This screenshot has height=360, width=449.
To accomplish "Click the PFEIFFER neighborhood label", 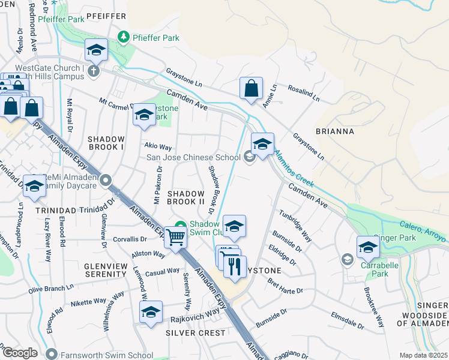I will pyautogui.click(x=106, y=16).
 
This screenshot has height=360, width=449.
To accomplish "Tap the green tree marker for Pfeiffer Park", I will pyautogui.click(x=124, y=38).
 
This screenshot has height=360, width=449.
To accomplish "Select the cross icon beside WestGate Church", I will pyautogui.click(x=92, y=71).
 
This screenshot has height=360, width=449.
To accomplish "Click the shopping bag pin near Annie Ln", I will pyautogui.click(x=251, y=88).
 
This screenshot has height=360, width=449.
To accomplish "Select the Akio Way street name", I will pyautogui.click(x=158, y=146).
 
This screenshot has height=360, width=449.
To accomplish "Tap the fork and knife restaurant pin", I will pyautogui.click(x=235, y=266).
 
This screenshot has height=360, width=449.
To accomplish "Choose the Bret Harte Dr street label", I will pyautogui.click(x=285, y=286).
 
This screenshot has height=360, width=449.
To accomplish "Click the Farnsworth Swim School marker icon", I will pyautogui.click(x=52, y=354).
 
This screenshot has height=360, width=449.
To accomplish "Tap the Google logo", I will pyautogui.click(x=20, y=353).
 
